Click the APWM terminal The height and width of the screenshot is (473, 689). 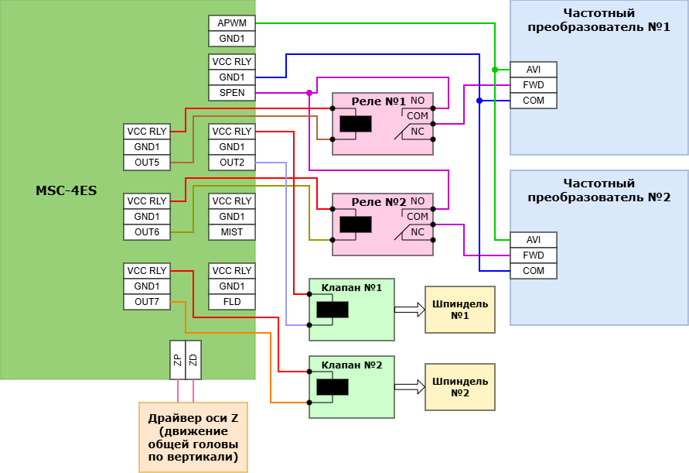pos(232,23)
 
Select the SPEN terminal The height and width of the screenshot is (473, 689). pos(232,93)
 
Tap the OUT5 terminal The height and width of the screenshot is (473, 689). pos(147,163)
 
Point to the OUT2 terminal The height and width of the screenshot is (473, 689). pos(232,163)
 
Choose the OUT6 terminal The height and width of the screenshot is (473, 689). pos(147,232)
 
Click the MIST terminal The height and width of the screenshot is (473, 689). pos(232,232)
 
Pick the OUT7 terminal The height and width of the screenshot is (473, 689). pos(147,302)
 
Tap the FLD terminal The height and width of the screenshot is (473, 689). pos(232,302)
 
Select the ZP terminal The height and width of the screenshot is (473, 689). pos(178,360)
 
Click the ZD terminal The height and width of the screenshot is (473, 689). pos(193,360)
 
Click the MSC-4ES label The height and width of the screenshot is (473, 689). pos(67,190)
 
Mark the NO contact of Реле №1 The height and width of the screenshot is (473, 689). pos(418,101)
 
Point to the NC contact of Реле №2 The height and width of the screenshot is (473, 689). pos(418,232)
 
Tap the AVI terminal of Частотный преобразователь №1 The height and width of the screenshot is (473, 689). pos(534,70)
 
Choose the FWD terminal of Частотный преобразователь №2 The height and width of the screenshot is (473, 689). pos(534,255)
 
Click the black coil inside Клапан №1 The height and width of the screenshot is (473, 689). pos(333,310)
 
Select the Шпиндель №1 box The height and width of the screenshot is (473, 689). pos(460,310)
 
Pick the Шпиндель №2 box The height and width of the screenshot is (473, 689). pos(460,387)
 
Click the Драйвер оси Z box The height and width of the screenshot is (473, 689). pos(193,437)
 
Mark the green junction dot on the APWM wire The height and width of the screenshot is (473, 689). pos(495,70)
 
